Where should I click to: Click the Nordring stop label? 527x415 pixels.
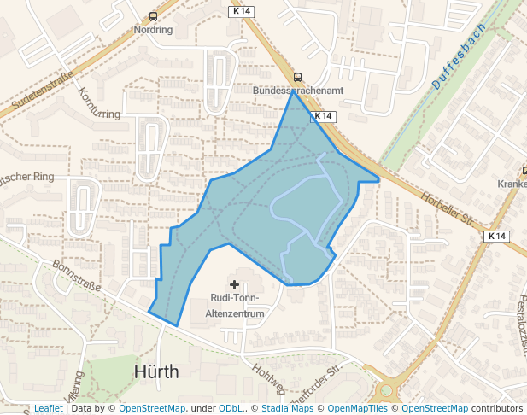154,29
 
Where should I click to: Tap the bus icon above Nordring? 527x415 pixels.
153,16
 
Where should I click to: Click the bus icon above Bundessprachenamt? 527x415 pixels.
297,76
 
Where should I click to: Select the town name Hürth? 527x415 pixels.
157,372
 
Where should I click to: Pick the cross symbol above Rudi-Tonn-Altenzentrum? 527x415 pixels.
235,283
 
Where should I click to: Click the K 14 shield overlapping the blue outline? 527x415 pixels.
323,115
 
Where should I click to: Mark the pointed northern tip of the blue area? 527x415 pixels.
295,92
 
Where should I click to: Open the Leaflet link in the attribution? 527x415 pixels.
48,409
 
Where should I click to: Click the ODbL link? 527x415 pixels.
231,409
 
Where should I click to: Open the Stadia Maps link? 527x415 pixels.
287,409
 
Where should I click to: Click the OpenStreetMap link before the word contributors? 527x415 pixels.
435,409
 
